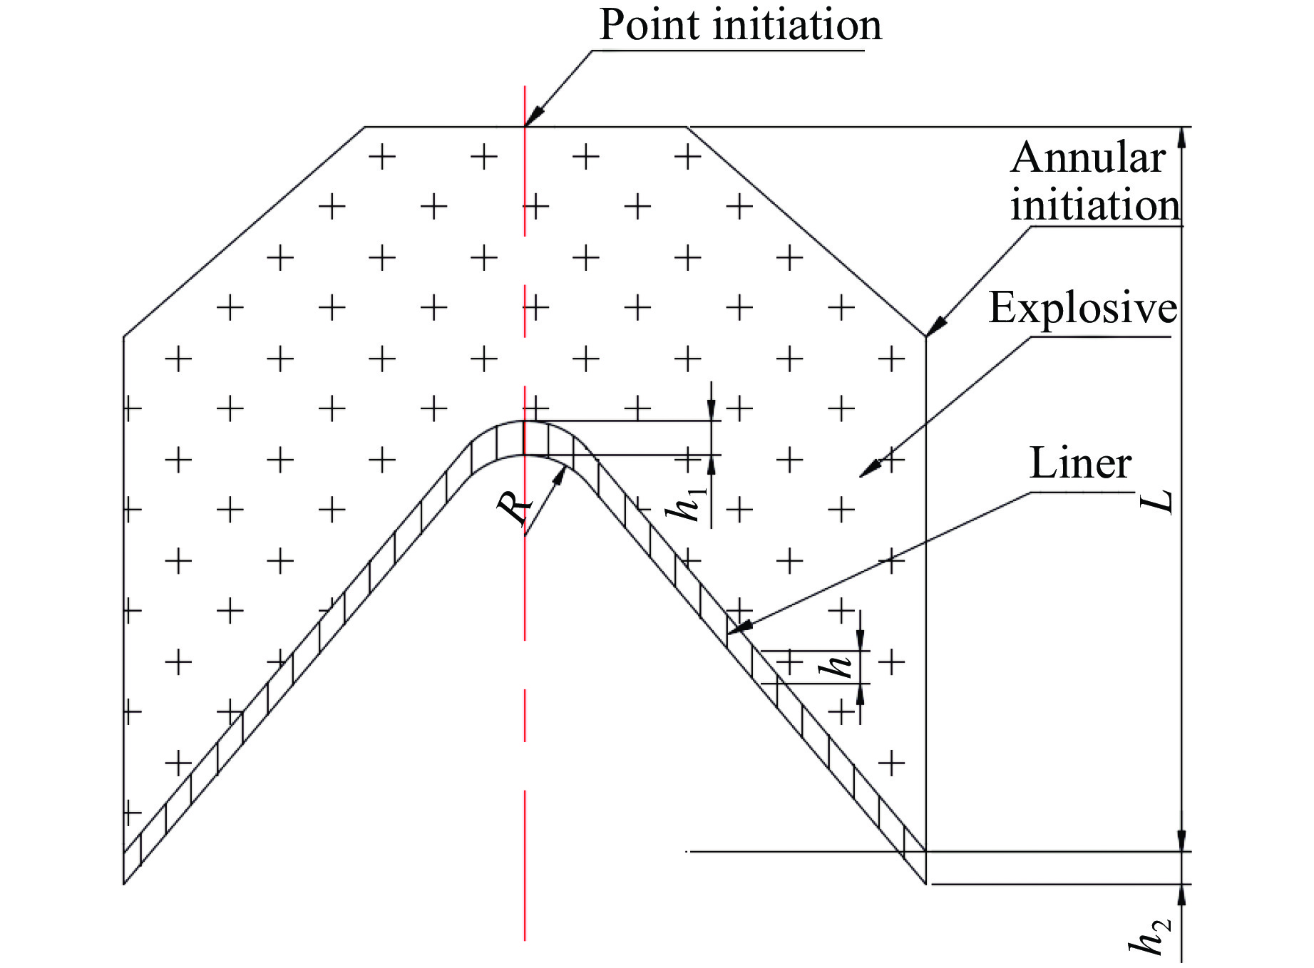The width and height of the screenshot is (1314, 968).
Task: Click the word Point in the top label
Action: (649, 26)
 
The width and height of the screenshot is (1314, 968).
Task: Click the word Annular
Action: (1087, 158)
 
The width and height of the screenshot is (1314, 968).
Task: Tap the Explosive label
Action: (1082, 309)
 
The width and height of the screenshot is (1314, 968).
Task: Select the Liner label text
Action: (1080, 464)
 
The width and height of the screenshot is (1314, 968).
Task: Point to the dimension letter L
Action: (1157, 501)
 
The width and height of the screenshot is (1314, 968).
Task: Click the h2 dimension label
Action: (1149, 937)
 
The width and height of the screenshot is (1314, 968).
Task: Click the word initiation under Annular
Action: (1094, 206)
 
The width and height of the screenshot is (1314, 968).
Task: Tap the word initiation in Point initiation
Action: (798, 26)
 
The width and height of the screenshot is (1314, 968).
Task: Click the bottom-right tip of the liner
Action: (925, 883)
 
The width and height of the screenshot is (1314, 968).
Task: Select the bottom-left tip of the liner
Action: (125, 883)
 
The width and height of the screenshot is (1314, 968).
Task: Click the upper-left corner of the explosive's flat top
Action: (365, 127)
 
